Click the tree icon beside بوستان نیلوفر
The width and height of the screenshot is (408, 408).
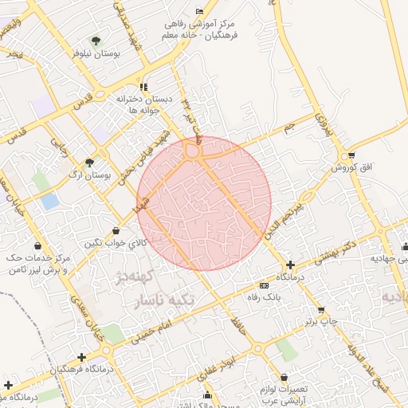click(x=96, y=40)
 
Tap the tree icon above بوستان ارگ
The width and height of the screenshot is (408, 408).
click(x=89, y=163)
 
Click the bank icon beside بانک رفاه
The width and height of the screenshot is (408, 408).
click(x=264, y=285)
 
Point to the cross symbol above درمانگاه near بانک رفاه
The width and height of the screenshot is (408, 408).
click(x=290, y=265)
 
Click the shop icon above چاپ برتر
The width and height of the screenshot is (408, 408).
click(x=321, y=310)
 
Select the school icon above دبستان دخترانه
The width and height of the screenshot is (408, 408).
click(x=143, y=87)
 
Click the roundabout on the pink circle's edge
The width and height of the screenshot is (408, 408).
click(x=192, y=150)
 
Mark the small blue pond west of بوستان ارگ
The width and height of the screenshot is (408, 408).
click(x=49, y=202)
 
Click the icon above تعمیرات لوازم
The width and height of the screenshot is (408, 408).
click(x=284, y=378)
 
